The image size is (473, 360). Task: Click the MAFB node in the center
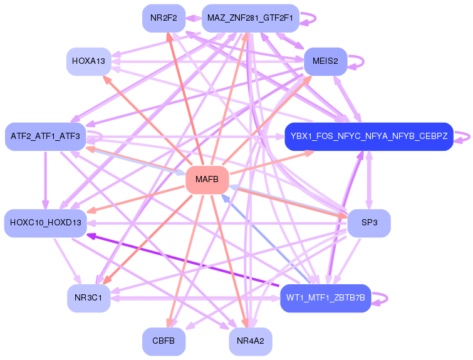pos(206,180)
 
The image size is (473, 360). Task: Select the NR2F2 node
pos(163,18)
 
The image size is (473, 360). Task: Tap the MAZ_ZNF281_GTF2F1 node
pos(250,18)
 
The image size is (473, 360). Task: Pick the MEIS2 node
pos(325,61)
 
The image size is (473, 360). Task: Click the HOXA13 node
pos(88,61)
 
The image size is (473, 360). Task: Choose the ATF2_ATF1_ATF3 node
pos(45,136)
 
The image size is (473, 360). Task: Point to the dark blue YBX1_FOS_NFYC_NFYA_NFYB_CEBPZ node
pos(368,136)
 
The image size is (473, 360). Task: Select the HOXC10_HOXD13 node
pos(46,224)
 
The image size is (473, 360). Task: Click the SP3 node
pos(369,224)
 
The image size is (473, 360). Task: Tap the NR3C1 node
pos(88,298)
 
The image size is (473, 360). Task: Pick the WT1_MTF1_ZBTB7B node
pos(326,298)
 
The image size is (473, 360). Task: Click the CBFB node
pos(164,342)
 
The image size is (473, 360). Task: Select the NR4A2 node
pos(250,342)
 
